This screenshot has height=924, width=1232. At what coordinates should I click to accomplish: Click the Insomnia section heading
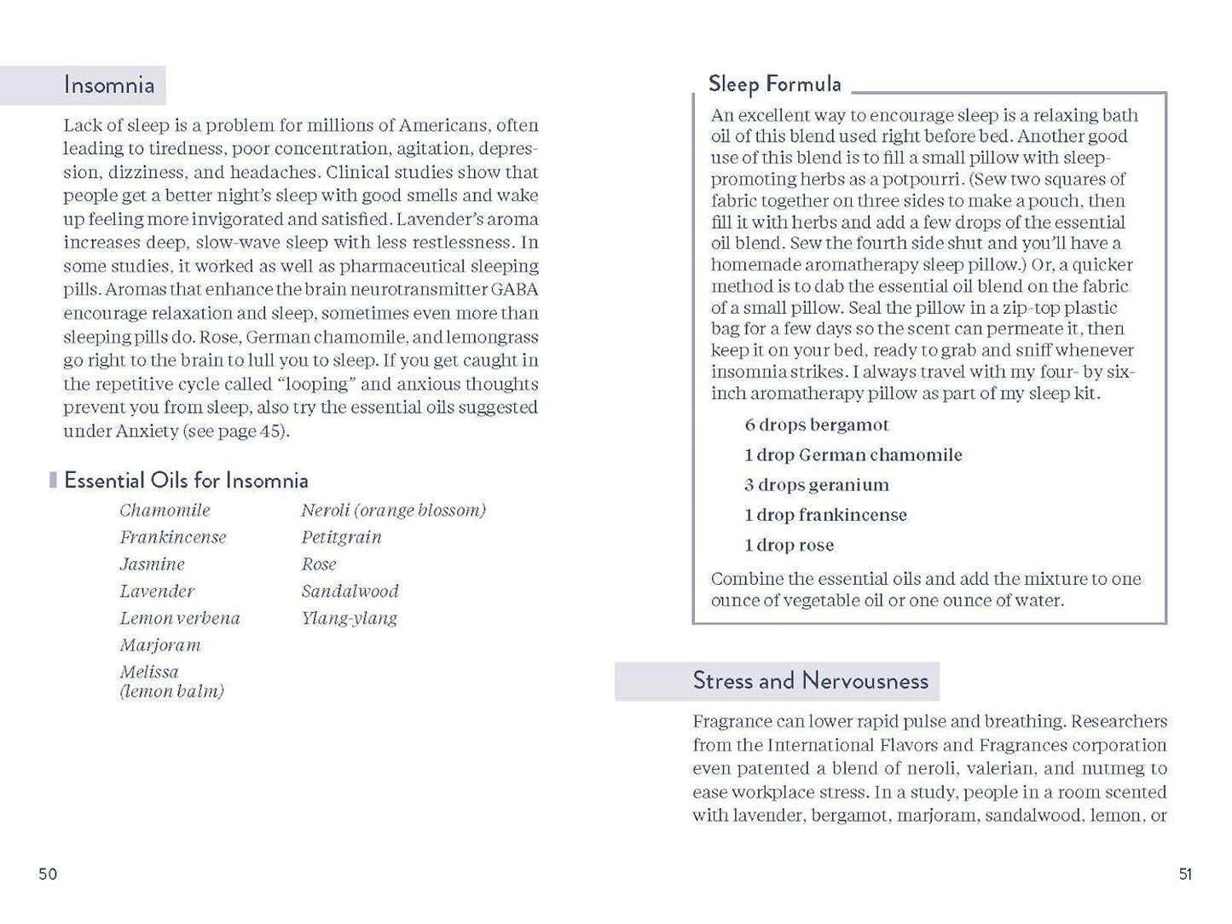click(x=109, y=85)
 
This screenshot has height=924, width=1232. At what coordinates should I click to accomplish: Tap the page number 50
click(x=48, y=874)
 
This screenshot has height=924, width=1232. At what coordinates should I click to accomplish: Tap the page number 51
click(x=1185, y=874)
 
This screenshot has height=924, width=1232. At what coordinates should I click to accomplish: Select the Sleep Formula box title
click(x=774, y=84)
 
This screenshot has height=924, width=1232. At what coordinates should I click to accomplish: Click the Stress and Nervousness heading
click(x=810, y=681)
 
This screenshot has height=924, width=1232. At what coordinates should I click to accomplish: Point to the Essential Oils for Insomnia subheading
click(x=186, y=481)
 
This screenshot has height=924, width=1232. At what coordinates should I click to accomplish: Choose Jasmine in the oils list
click(x=152, y=564)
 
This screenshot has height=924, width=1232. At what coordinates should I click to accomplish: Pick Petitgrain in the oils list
click(x=341, y=537)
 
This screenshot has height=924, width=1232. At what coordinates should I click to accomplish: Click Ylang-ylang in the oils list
click(x=349, y=618)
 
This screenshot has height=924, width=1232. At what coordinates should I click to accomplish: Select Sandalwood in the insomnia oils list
click(x=350, y=591)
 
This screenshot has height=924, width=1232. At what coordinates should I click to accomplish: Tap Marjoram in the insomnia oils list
click(x=159, y=645)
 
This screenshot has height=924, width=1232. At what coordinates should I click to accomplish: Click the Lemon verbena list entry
click(x=179, y=618)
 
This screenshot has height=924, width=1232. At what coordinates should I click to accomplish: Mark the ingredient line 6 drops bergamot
click(x=816, y=424)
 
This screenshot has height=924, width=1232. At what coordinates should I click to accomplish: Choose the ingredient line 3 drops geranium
click(x=816, y=485)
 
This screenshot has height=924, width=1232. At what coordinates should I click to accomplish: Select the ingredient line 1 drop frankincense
click(x=824, y=515)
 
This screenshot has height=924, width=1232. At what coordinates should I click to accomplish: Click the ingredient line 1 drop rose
click(x=789, y=546)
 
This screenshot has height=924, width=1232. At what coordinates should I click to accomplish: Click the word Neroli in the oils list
click(x=325, y=510)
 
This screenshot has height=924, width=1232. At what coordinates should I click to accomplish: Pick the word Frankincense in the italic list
click(x=172, y=537)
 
